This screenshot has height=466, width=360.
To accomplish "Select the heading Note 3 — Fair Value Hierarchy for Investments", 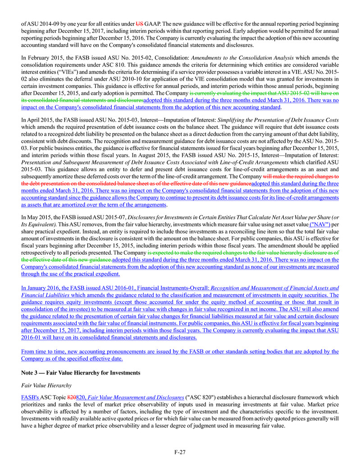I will tap(81, 373).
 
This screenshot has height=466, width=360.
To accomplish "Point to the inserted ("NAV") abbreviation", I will tap(319, 224).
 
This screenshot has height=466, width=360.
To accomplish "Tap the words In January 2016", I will tap(44, 287).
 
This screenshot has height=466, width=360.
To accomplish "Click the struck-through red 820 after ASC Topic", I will tap(71, 398).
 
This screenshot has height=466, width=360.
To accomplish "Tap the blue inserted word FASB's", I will tap(30, 398).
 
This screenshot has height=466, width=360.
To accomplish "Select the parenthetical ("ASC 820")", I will tap(199, 398).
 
